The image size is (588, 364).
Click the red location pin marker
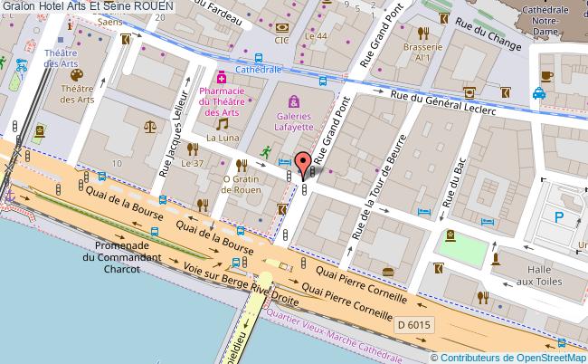click(301, 163)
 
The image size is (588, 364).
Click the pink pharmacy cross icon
click(220, 76)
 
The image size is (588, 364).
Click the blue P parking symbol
click(559, 217)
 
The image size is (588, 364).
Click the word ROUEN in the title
click(146, 6)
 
